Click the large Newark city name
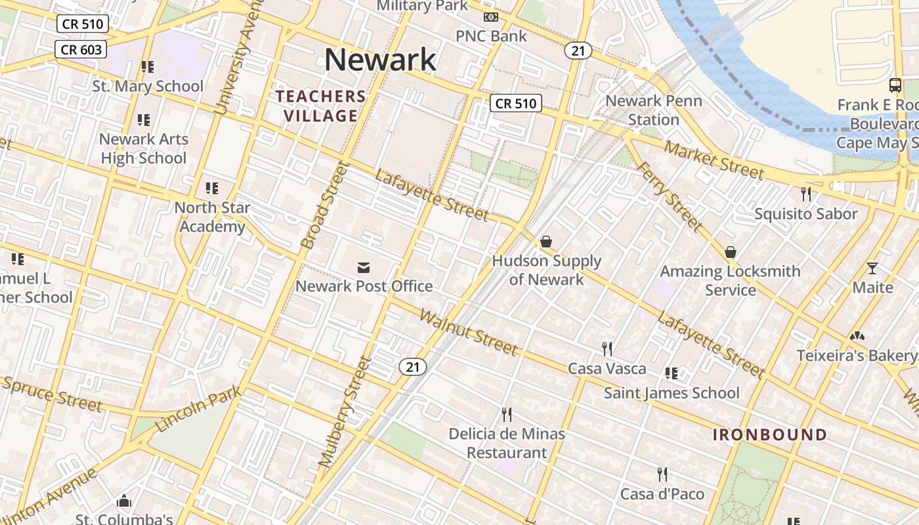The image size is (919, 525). point(380,60)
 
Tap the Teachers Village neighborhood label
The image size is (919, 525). point(320,106)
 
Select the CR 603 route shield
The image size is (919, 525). point(81,49)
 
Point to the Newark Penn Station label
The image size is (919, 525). point(654,110)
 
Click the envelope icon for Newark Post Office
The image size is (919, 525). point(364,267)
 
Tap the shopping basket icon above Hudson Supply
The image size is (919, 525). point(545,242)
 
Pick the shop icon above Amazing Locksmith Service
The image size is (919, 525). point(730,252)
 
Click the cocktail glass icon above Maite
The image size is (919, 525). point(872,268)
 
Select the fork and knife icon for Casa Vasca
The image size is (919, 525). point(607,349)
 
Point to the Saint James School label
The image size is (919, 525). point(672,393)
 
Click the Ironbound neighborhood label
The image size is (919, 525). point(769,434)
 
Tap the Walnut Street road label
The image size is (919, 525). point(468,333)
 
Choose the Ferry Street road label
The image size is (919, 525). point(670,197)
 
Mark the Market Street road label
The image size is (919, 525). point(714,159)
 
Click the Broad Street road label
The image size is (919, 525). point(323,206)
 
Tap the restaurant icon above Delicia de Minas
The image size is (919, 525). point(506,415)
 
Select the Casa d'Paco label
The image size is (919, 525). point(662,494)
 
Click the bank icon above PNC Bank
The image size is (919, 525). point(490,17)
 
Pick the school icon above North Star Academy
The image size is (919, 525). point(211,188)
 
